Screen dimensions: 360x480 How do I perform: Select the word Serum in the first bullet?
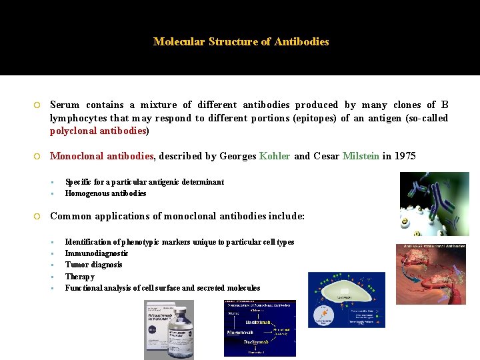(65, 105)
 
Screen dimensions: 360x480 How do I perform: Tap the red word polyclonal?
(73, 131)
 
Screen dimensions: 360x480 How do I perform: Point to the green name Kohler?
(275, 156)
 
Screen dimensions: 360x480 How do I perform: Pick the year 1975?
(405, 156)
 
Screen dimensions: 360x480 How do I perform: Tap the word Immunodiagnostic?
(97, 253)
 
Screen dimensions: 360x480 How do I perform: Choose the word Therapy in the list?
(79, 277)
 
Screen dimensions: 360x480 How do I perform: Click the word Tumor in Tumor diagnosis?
(76, 265)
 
